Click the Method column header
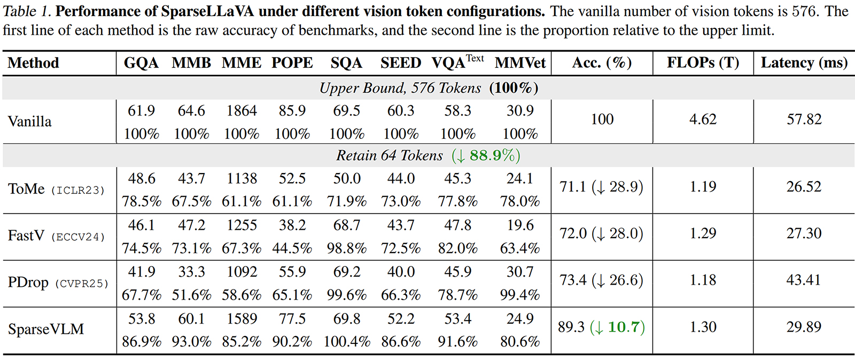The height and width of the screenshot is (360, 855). tap(33, 63)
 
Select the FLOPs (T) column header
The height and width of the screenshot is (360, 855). tap(703, 63)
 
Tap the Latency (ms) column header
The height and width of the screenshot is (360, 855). tap(804, 63)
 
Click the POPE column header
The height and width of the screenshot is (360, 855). tap(292, 63)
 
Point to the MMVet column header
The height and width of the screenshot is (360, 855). tap(520, 63)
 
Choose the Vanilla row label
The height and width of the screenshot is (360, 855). tap(30, 121)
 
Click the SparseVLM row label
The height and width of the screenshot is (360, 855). tap(46, 329)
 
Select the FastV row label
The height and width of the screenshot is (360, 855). tap(26, 236)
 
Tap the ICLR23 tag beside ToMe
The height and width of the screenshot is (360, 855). tap(78, 190)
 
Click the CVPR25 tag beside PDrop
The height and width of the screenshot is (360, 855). tap(82, 284)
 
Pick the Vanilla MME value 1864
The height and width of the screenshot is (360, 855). tap(242, 111)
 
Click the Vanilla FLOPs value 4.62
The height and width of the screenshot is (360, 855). tap(703, 119)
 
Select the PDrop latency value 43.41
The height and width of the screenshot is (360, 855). tap(804, 280)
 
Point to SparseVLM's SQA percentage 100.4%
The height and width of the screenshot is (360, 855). tap(347, 341)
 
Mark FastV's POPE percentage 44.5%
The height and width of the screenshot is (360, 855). tap(292, 248)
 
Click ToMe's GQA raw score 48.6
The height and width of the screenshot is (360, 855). tap(142, 178)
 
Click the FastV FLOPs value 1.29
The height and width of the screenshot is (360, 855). tap(703, 233)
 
